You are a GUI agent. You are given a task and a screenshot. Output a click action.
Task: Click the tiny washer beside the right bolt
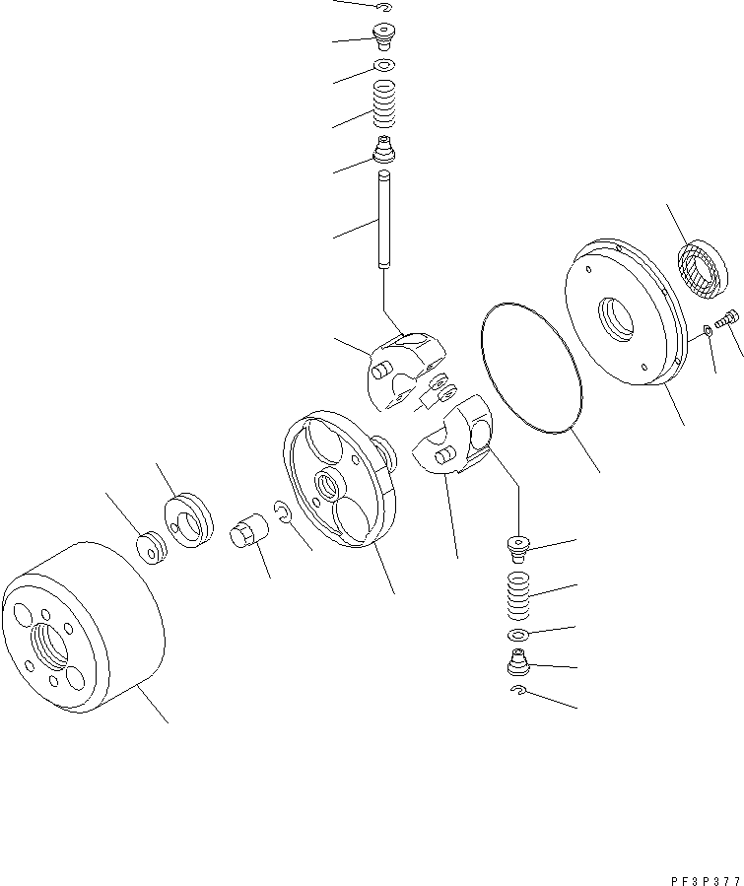[x=708, y=330]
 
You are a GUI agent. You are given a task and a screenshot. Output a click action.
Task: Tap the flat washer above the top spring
[x=384, y=66]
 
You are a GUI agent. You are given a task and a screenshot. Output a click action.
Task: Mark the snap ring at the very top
[x=384, y=9]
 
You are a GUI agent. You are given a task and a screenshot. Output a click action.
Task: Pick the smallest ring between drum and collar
[x=151, y=547]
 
